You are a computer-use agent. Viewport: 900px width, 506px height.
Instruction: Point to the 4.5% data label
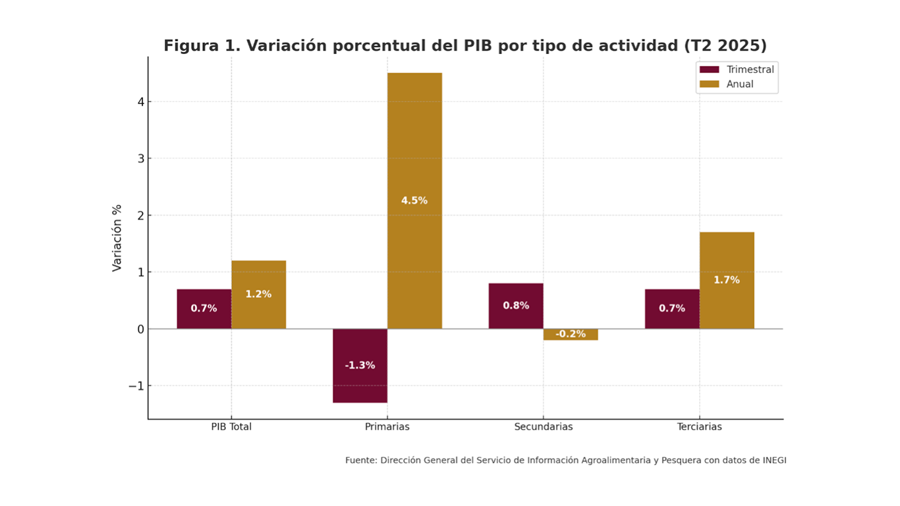(414, 200)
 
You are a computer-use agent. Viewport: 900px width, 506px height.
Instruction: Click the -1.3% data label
(360, 365)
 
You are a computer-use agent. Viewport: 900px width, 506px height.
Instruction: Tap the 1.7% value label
(727, 280)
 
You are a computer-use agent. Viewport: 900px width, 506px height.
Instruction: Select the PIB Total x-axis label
(231, 427)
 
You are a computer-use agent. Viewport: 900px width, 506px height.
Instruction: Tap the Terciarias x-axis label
(699, 427)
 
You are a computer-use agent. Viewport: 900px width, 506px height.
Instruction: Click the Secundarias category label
(544, 427)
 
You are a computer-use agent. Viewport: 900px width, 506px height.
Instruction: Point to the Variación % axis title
(117, 238)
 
